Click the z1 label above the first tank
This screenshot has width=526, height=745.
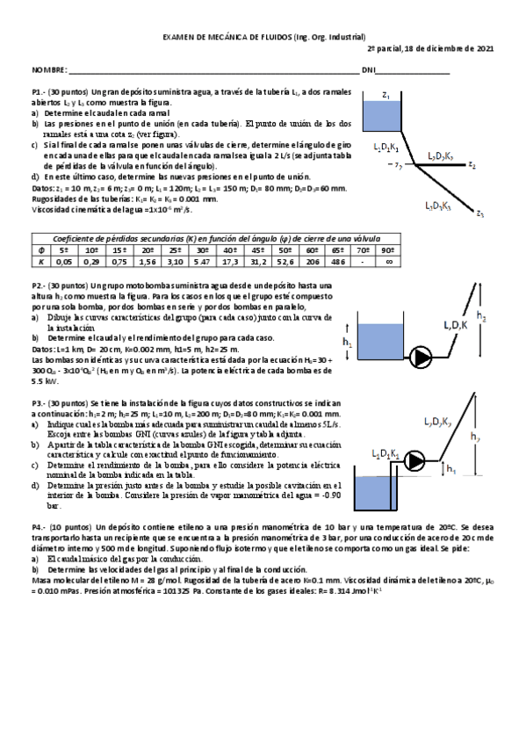coord(386,93)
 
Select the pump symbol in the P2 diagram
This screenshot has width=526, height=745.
coord(423,357)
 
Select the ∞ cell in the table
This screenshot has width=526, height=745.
coord(388,261)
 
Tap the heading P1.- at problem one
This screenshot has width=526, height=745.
coord(40,91)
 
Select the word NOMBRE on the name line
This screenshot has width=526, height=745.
coord(49,69)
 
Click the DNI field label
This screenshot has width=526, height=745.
coord(369,69)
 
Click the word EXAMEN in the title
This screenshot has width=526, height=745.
coord(184,36)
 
